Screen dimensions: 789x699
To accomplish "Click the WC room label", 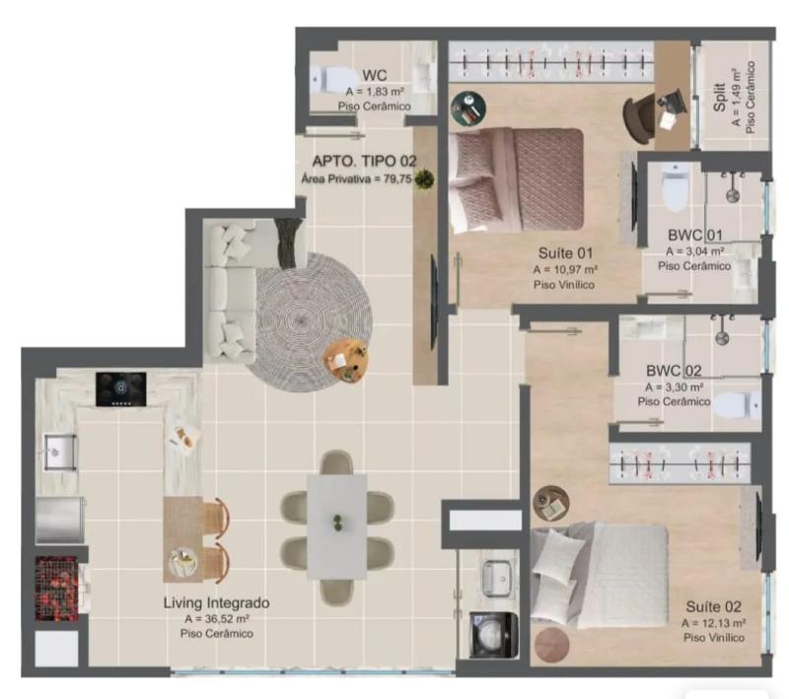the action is (x=375, y=76).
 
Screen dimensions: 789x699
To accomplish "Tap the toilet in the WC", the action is (x=330, y=80).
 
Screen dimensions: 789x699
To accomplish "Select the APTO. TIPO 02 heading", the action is (x=364, y=161).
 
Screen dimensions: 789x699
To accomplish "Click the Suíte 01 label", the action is (x=565, y=253).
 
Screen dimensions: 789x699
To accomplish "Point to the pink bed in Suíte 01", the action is (x=516, y=179).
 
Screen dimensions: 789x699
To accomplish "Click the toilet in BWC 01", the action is (x=675, y=187).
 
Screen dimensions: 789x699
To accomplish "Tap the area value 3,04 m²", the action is (x=695, y=250).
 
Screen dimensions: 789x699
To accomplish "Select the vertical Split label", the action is (x=720, y=98).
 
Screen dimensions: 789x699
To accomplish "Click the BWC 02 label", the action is (x=674, y=371).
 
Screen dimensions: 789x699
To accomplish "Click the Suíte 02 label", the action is (x=713, y=607).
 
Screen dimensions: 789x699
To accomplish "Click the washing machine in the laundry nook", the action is (x=493, y=635).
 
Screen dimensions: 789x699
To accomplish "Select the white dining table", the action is (x=336, y=525).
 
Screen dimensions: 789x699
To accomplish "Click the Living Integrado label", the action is (x=216, y=602).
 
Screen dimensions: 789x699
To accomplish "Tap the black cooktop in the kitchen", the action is (x=121, y=388).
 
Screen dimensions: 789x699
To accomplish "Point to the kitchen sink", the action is (x=60, y=453).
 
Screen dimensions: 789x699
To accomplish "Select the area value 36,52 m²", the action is (x=217, y=618).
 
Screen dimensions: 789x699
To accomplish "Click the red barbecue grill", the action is (x=57, y=589).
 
